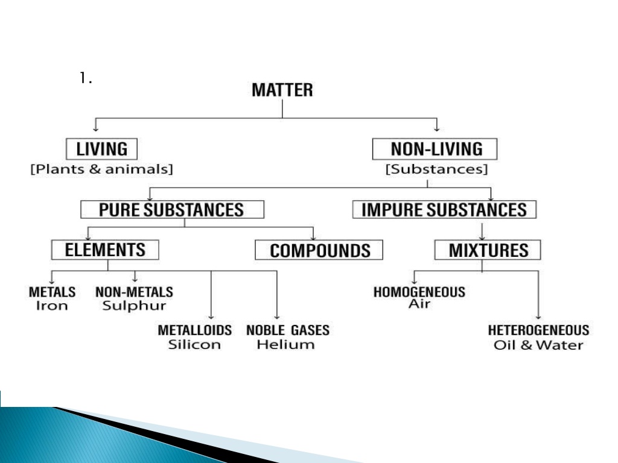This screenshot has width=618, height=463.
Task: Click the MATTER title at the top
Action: coord(282,90)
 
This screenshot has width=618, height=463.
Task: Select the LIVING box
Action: coord(101,149)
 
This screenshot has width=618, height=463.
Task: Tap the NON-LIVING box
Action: coord(435,149)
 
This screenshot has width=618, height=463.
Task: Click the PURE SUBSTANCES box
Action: coord(172,209)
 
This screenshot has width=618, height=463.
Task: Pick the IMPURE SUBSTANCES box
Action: coord(444,209)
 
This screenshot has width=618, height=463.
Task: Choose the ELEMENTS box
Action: coord(105,250)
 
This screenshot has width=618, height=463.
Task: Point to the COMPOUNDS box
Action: coord(319,250)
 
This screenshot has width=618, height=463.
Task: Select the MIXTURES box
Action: coord(488,250)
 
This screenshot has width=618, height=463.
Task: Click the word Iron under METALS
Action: coord(52,306)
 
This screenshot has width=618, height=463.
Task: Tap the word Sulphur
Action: coord(135,306)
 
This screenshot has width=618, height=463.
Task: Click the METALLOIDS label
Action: coord(195,330)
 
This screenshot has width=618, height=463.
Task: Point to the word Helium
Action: coord(285,344)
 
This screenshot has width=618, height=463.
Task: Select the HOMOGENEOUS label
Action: coord(419,292)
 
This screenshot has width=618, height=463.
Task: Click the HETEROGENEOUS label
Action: coord(538,330)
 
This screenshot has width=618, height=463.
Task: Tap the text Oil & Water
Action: coord(538,345)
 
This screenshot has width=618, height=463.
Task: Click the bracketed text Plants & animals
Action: coord(101,169)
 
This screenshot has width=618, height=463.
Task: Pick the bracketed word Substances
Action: coord(436,169)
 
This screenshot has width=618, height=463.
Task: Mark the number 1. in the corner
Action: coord(86,78)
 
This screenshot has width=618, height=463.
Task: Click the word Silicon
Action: coord(194,344)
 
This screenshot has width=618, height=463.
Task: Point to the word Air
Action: coord(419,304)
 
